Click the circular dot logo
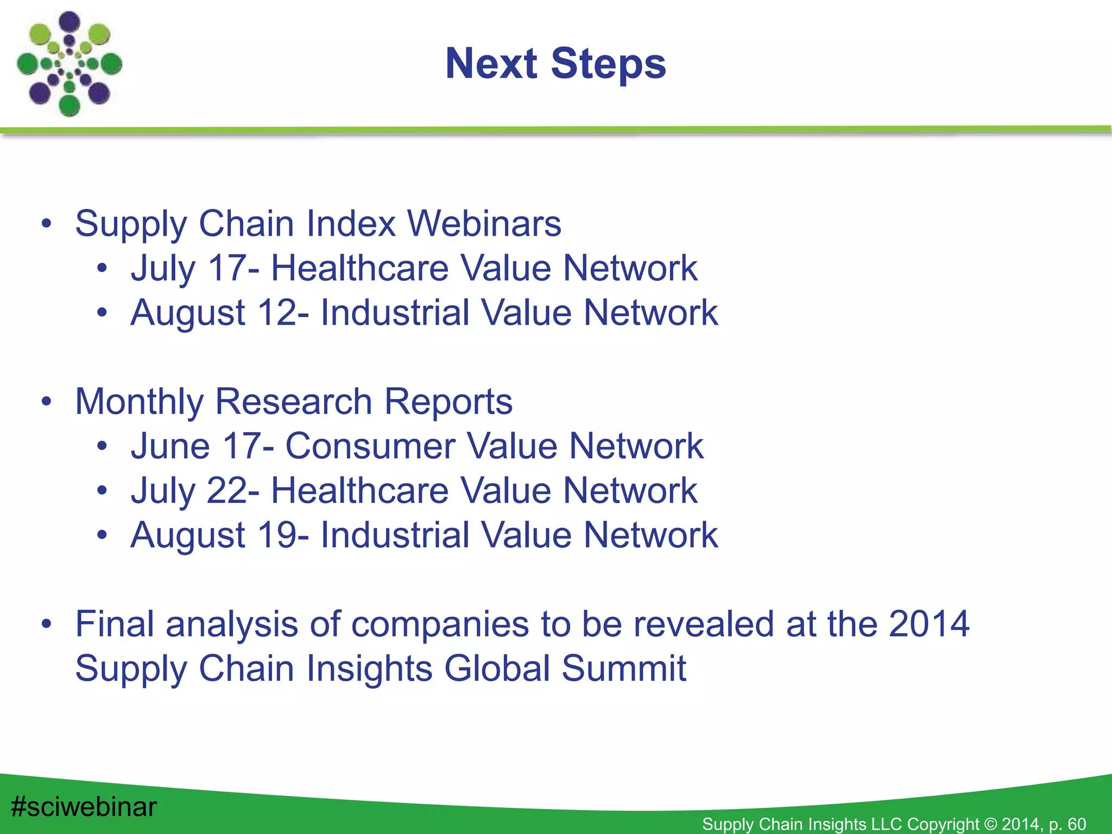click(69, 64)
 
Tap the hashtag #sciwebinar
click(84, 806)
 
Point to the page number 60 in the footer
click(1077, 824)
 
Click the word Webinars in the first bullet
click(484, 223)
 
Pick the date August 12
click(214, 312)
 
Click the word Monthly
click(140, 401)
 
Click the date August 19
click(214, 535)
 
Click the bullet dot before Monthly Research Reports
click(47, 402)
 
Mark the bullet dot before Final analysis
click(47, 625)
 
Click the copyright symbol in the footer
click(990, 824)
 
